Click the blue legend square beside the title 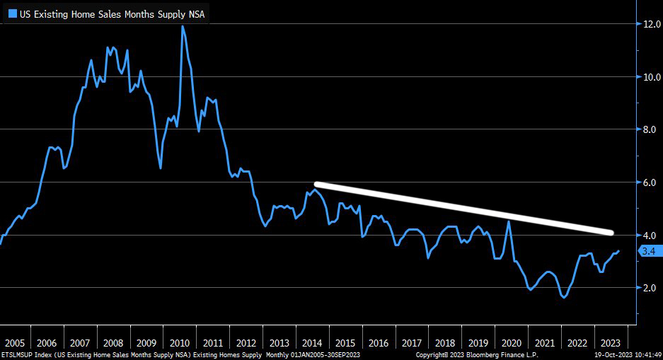click(x=12, y=13)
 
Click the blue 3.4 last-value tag click(x=650, y=251)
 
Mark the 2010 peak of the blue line click(x=183, y=26)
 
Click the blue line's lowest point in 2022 click(x=563, y=298)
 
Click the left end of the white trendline click(x=316, y=184)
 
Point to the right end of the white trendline click(x=611, y=233)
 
